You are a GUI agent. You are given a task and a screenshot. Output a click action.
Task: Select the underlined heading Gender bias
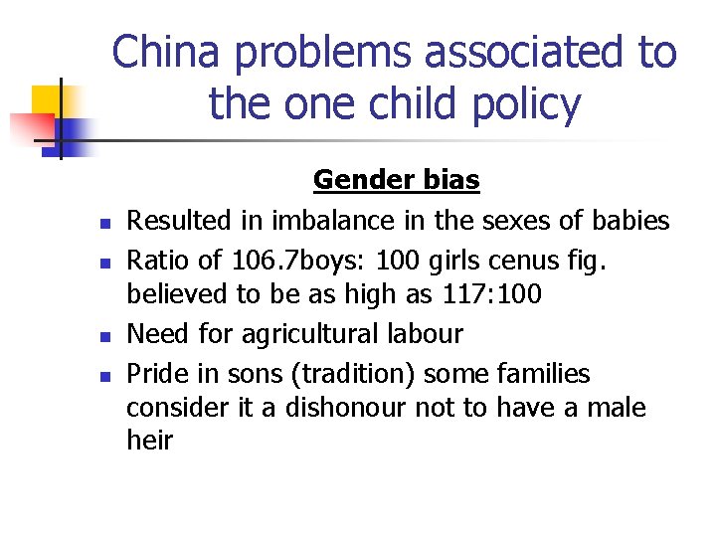[396, 180]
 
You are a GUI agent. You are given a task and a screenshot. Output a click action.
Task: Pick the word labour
[427, 333]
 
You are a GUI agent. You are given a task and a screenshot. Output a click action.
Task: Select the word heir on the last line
[149, 441]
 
